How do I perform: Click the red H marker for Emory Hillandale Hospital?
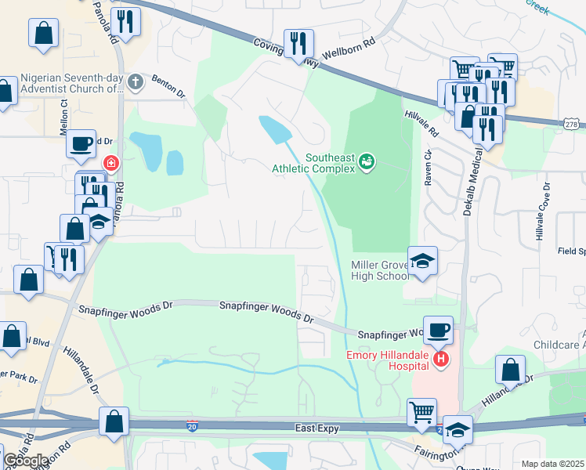(x=441, y=359)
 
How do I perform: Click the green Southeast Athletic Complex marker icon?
(x=367, y=162)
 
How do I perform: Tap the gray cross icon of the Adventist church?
(x=135, y=81)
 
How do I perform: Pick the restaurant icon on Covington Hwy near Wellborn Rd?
(x=298, y=44)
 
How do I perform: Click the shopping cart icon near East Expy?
(x=422, y=411)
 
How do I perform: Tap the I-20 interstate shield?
(x=192, y=425)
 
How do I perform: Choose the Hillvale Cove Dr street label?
(x=546, y=206)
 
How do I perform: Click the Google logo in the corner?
(x=26, y=461)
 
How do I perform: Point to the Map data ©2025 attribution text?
(x=552, y=464)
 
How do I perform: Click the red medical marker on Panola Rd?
(x=111, y=163)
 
